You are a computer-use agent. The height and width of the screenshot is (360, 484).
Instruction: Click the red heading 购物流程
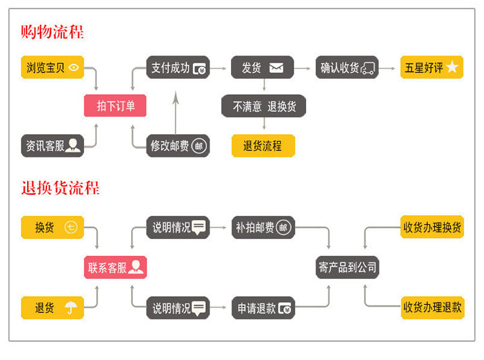(x=52, y=31)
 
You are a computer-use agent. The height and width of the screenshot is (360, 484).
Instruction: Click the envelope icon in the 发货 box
(x=276, y=67)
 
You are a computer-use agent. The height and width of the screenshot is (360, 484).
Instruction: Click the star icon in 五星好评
(x=452, y=67)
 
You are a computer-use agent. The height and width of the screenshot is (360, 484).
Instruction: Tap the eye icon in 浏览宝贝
(x=74, y=67)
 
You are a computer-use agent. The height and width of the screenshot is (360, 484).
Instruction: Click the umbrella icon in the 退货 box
(x=70, y=308)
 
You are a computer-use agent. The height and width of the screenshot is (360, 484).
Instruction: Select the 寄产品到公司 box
(x=347, y=267)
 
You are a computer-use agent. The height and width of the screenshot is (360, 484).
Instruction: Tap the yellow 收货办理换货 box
(x=432, y=227)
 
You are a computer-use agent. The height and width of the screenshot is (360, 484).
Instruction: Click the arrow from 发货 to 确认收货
(x=304, y=67)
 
